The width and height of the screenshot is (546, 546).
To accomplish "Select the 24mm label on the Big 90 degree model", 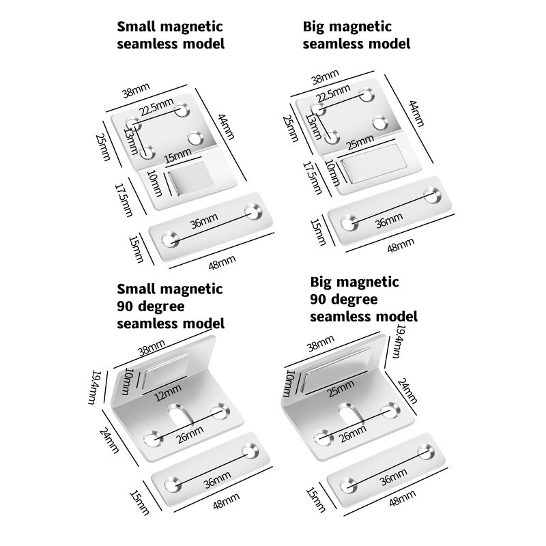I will pyautogui.click(x=405, y=392).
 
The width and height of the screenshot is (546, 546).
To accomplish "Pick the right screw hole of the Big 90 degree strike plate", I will pyautogui.click(x=428, y=449).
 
